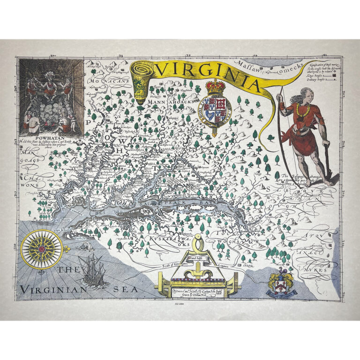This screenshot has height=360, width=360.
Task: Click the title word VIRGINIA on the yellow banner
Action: (x=209, y=75)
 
